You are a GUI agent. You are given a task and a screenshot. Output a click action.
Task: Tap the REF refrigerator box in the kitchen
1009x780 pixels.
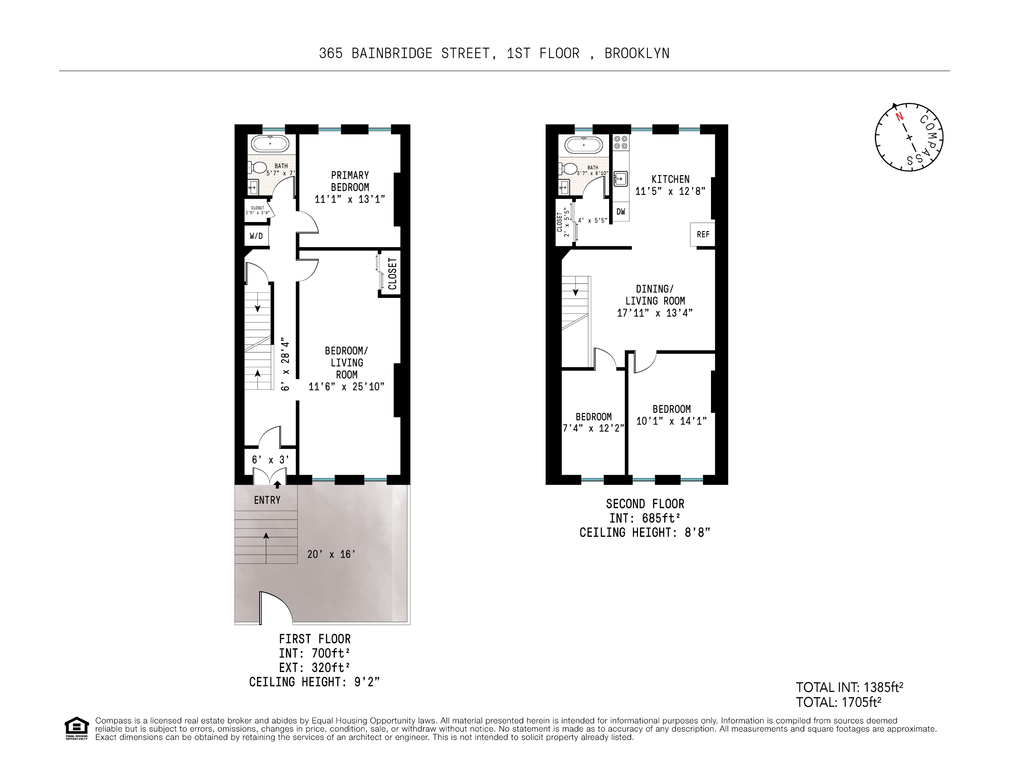click(703, 234)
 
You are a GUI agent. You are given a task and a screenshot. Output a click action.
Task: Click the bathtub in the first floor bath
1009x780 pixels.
click(270, 144)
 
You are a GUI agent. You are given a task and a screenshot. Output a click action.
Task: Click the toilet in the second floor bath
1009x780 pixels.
click(570, 168)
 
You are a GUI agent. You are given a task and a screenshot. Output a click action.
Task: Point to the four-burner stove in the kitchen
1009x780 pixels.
click(621, 142)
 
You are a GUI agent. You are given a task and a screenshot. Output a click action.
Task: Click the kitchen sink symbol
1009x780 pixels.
click(620, 178)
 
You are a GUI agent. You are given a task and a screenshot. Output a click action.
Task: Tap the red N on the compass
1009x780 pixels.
click(899, 117)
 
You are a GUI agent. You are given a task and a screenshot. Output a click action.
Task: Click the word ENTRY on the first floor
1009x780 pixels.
click(267, 500)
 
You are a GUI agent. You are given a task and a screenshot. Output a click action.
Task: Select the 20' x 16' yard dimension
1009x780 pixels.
click(331, 554)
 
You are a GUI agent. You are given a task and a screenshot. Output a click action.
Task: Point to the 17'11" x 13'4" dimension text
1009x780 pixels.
click(655, 313)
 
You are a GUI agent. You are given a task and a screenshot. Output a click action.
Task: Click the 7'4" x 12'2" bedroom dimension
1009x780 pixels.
click(593, 428)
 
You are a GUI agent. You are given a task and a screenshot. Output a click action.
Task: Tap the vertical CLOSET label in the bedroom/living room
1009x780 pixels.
click(392, 274)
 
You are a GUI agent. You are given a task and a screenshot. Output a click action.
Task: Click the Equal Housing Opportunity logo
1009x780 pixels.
click(76, 728)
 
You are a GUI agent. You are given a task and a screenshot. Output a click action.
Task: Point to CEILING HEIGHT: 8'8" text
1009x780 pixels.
click(644, 533)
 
